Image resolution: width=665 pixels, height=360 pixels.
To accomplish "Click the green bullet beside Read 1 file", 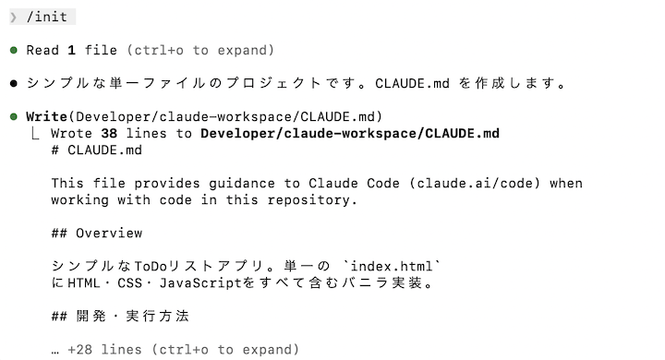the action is [x=14, y=50].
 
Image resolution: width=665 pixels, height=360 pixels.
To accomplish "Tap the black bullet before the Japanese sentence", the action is [x=14, y=83].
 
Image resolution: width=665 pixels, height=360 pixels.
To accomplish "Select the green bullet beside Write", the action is [x=14, y=116].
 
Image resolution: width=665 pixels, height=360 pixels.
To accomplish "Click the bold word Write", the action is [x=46, y=116].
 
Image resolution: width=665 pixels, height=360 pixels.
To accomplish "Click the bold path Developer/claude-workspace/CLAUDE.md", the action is [x=349, y=133].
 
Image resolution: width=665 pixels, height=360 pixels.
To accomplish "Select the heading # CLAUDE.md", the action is [x=97, y=150].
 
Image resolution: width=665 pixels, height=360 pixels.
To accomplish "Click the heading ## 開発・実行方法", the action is [x=120, y=316].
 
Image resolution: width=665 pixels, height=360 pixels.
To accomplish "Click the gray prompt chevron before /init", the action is [x=13, y=17].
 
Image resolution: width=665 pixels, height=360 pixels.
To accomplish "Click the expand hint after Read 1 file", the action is [x=200, y=50].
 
